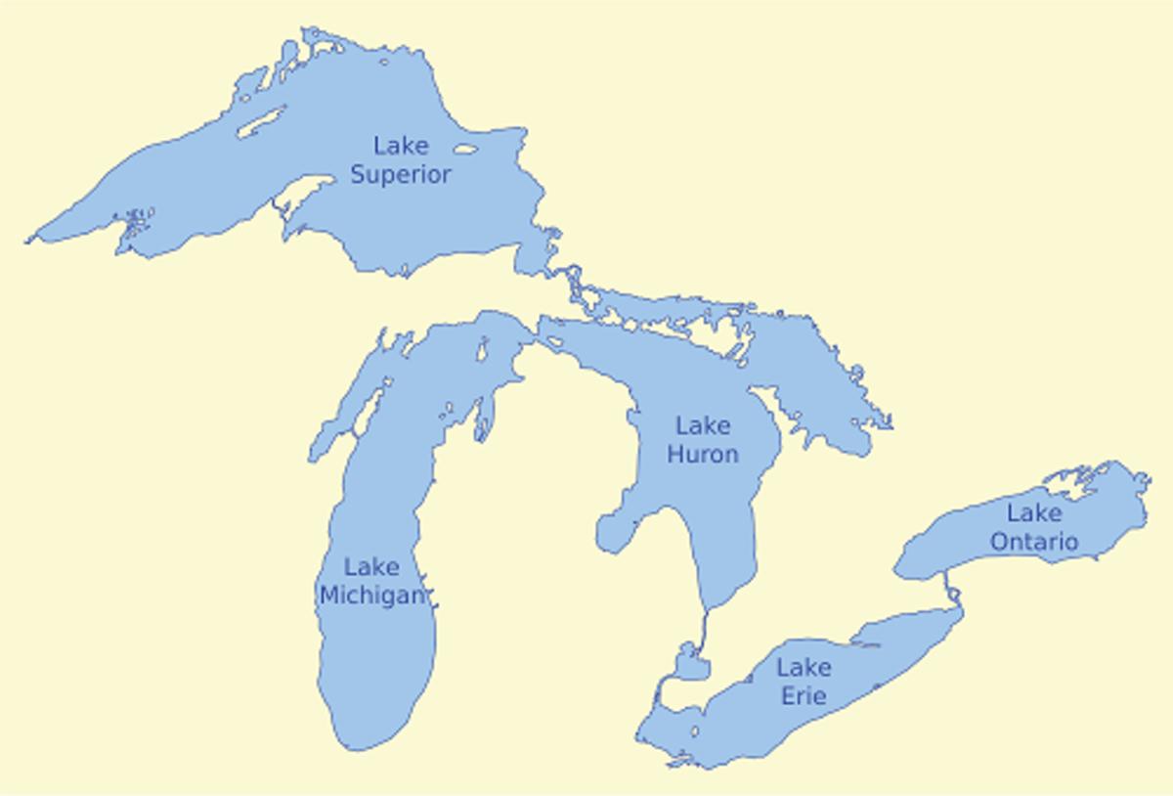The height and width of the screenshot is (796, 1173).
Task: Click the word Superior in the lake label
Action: pyautogui.click(x=401, y=175)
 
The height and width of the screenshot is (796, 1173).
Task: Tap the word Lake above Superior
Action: pyautogui.click(x=401, y=147)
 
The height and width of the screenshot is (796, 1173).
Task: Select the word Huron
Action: pyautogui.click(x=702, y=455)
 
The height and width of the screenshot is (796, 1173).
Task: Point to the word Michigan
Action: pyautogui.click(x=372, y=596)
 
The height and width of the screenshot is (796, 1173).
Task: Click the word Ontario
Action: pyautogui.click(x=1034, y=541)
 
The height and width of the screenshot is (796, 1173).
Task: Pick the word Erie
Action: pyautogui.click(x=804, y=696)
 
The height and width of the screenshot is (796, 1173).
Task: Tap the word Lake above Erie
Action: pyautogui.click(x=804, y=669)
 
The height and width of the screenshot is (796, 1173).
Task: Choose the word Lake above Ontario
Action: pyautogui.click(x=1034, y=512)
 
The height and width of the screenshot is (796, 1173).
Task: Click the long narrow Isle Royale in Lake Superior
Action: pyautogui.click(x=260, y=121)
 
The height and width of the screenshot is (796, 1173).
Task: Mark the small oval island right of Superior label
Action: pyautogui.click(x=465, y=151)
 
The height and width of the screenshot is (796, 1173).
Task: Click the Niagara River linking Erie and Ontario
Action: pyautogui.click(x=951, y=591)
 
